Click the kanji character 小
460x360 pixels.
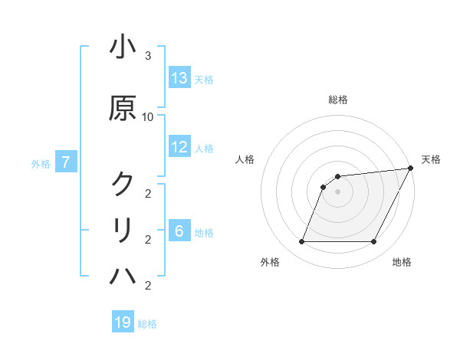[x=123, y=47]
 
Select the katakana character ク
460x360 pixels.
[x=123, y=183]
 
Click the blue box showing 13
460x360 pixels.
[x=179, y=78]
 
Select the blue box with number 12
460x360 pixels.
[x=179, y=147]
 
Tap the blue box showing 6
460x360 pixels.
[x=179, y=232]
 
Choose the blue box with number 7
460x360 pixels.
[x=67, y=162]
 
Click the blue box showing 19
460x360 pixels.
[x=123, y=322]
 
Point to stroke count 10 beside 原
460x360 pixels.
[x=148, y=116]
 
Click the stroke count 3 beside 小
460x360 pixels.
[x=148, y=56]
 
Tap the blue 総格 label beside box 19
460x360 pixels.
[x=147, y=323]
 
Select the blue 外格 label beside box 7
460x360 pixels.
[x=41, y=162]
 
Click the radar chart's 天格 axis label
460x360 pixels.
[x=431, y=159]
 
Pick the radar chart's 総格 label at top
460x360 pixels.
[x=338, y=100]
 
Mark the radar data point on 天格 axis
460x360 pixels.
[x=411, y=168]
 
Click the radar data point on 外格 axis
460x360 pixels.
[x=301, y=242]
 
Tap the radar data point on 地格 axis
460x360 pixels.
[x=374, y=242]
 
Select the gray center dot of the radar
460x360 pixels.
[x=338, y=191]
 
